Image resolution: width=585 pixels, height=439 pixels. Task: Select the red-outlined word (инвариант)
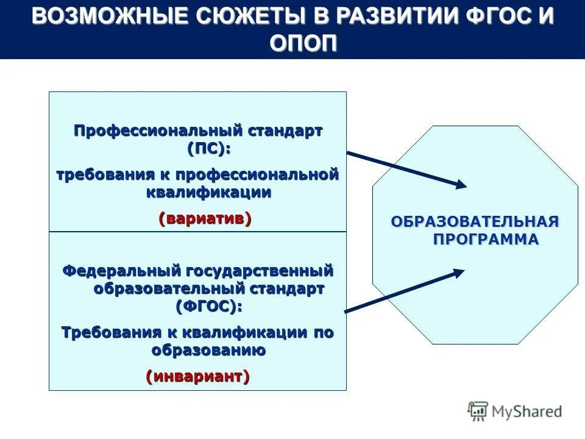[197, 376]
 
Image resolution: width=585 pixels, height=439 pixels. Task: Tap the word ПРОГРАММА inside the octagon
[486, 239]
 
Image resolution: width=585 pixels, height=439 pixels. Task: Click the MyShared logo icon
[478, 412]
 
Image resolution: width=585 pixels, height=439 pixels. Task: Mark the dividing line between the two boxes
[197, 232]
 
